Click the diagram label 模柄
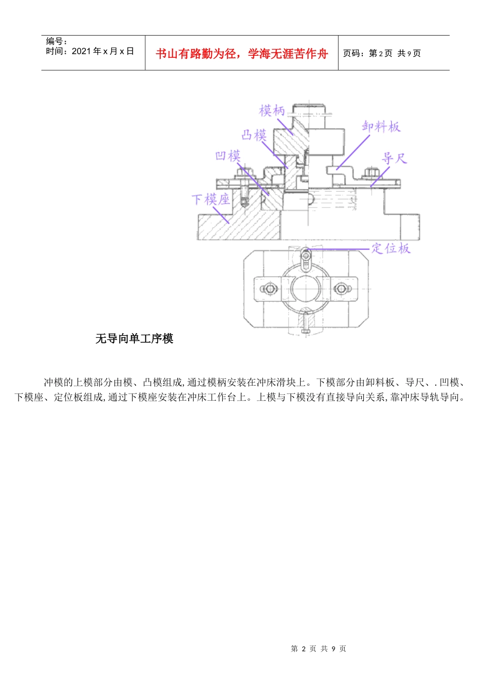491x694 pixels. pos(272,111)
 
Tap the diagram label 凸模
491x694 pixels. pos(254,135)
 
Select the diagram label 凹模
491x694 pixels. pos(228,156)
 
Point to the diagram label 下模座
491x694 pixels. pos(210,199)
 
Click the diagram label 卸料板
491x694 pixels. pos(381,127)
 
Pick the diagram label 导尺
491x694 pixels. pos(394,158)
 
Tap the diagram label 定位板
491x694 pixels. pos(391,248)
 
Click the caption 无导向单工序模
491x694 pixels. pos(134,339)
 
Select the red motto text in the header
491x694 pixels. pos(242,54)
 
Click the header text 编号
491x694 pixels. pos(56,41)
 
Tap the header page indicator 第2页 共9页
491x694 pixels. pos(382,54)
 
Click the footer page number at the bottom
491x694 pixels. pos(318,649)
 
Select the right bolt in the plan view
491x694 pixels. pos(340,289)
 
